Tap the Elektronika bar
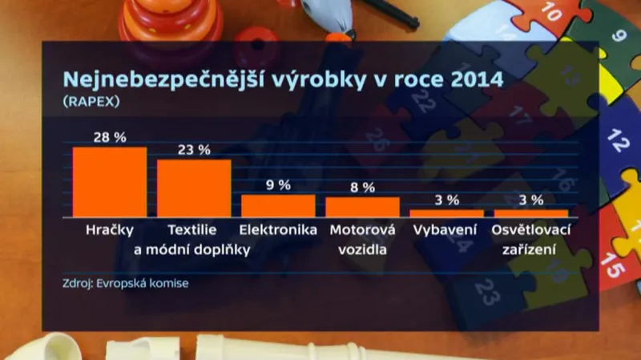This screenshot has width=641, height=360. (278, 206)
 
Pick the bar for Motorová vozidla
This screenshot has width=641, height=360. (362, 207)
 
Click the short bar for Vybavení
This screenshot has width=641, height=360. (446, 213)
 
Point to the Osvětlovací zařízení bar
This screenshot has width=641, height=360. (530, 213)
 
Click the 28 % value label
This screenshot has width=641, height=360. (110, 138)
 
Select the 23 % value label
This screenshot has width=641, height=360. (194, 150)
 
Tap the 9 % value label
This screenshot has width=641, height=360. (278, 185)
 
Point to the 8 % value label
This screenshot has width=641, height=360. (362, 188)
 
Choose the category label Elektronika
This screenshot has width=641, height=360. (278, 231)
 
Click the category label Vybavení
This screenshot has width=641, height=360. (446, 231)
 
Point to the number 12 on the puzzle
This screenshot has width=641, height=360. (618, 141)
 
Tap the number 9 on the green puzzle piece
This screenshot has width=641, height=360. (618, 36)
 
